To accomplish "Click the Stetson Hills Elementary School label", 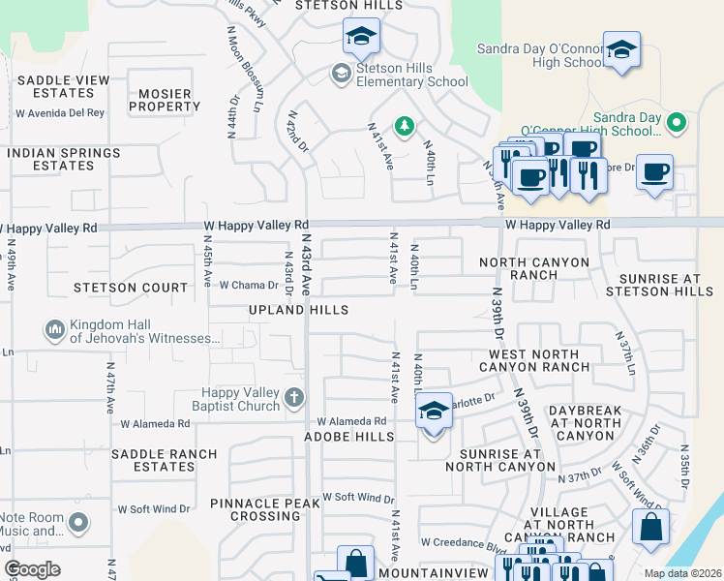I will click(412, 75).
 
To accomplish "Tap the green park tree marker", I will click(404, 125).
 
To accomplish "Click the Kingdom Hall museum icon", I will click(55, 331).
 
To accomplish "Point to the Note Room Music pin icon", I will click(78, 524).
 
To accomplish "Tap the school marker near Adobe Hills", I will click(434, 412).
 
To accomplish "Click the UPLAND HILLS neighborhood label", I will click(298, 310).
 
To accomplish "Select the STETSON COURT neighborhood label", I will click(131, 288).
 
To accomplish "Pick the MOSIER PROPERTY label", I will click(150, 99).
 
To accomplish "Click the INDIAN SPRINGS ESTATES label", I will click(65, 160).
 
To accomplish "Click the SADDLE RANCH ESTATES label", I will click(153, 460).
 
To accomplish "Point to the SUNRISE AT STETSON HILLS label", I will click(659, 285).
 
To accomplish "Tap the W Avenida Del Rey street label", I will click(60, 113).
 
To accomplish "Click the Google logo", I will click(32, 569).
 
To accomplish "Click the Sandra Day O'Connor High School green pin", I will click(678, 124).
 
